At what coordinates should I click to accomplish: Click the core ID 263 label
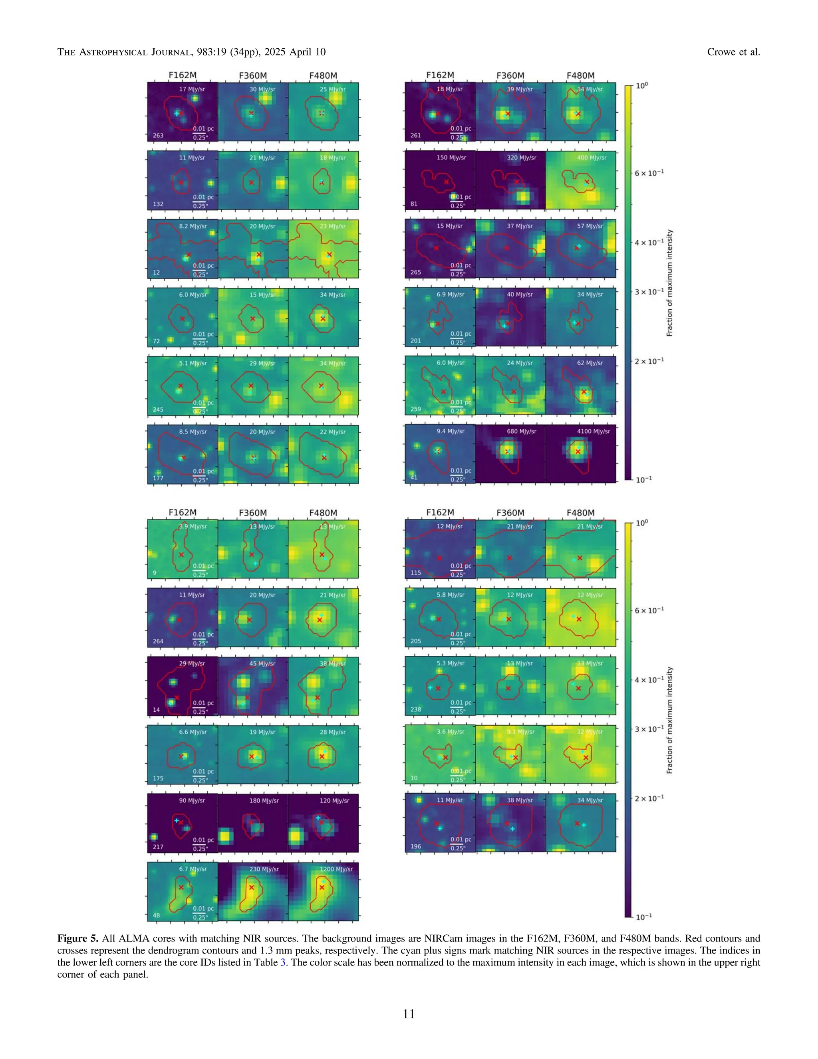click(x=158, y=135)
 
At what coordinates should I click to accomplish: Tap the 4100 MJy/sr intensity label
click(x=590, y=431)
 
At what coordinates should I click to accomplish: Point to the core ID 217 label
click(x=158, y=847)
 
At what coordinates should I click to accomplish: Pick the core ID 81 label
click(x=413, y=204)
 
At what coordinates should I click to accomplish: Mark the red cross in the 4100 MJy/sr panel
click(x=578, y=452)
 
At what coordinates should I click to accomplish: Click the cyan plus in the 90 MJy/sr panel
click(x=177, y=820)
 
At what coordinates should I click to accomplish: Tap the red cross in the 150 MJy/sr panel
click(x=446, y=182)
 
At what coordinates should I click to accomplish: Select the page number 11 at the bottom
click(x=409, y=1014)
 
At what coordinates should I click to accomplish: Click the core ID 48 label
click(x=156, y=916)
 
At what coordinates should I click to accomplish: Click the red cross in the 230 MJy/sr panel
click(x=252, y=887)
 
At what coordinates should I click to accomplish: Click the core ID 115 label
click(x=415, y=572)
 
